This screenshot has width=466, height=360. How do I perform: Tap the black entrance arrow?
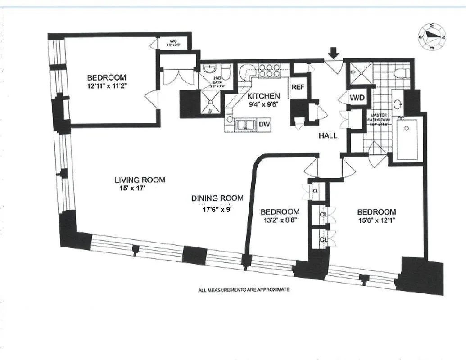click(334, 53)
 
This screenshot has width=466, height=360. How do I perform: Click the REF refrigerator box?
click(298, 86)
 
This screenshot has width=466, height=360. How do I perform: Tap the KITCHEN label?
click(263, 96)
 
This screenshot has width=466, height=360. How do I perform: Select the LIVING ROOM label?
click(140, 180)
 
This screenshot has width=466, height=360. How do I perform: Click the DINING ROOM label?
click(217, 198)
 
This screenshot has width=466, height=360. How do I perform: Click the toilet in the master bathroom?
click(400, 72)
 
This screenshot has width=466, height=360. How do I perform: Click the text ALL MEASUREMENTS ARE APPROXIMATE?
click(244, 290)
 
